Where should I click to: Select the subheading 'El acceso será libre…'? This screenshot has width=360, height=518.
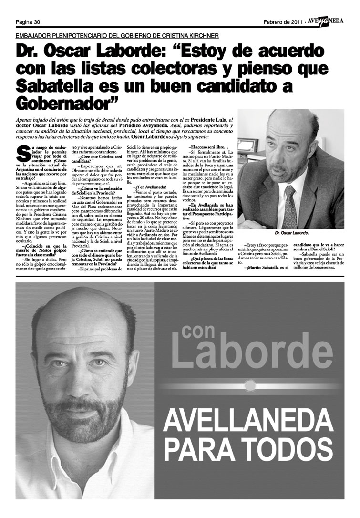pos(209,147)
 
